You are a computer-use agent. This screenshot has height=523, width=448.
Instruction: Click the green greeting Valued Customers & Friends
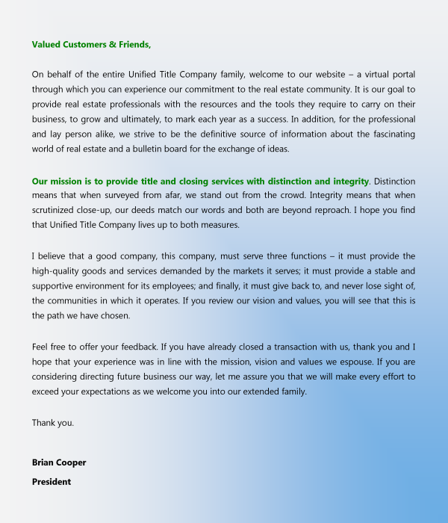pyautogui.click(x=91, y=45)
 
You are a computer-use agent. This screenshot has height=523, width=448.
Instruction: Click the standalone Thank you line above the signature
pyautogui.click(x=53, y=423)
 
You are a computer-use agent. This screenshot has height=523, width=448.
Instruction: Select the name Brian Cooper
pyautogui.click(x=59, y=462)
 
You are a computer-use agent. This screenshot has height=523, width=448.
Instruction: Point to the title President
pyautogui.click(x=52, y=482)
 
